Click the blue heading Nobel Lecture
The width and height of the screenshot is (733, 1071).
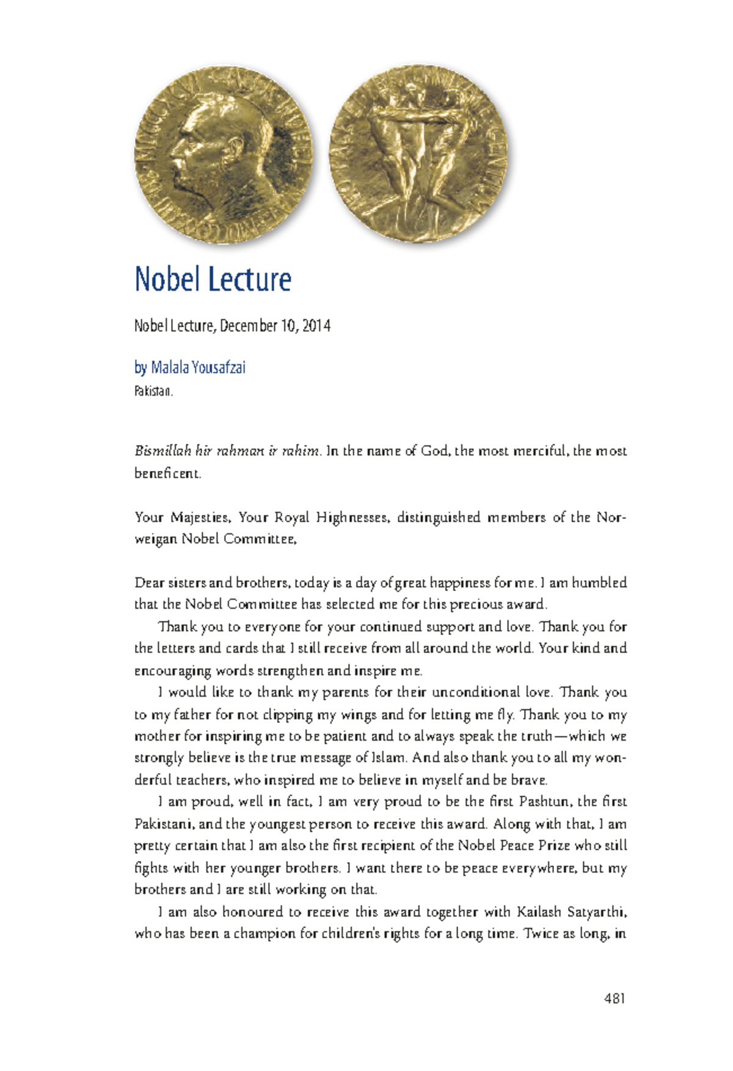point(213,280)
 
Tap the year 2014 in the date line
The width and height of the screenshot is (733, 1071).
point(316,326)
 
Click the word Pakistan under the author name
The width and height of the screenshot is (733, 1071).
point(153,391)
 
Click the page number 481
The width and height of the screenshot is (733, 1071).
point(614,999)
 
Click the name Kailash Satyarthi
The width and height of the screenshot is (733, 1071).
point(572,912)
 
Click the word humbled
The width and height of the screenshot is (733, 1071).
point(599,583)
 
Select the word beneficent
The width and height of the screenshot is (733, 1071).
point(167,474)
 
